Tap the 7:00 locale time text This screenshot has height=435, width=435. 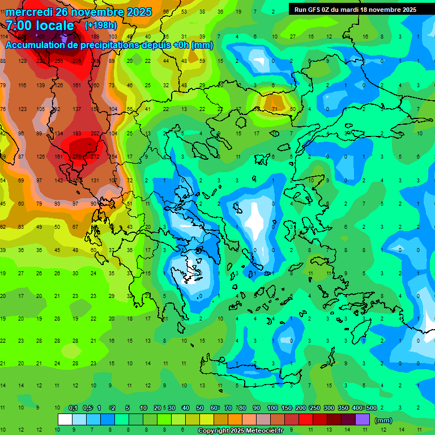click(x=40, y=25)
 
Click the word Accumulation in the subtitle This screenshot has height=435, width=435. click(x=36, y=45)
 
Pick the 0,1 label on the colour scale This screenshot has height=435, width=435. click(x=73, y=408)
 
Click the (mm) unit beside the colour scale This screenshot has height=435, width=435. click(x=383, y=420)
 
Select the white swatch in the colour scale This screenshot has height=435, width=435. click(x=65, y=420)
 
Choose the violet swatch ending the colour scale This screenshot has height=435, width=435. click(x=362, y=420)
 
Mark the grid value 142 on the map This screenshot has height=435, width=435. click(x=58, y=180)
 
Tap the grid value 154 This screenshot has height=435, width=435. click(x=112, y=157)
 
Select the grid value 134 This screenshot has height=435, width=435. click(x=58, y=134)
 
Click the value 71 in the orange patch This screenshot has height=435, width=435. click(x=275, y=109)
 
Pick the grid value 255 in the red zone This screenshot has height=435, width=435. click(x=58, y=61)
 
